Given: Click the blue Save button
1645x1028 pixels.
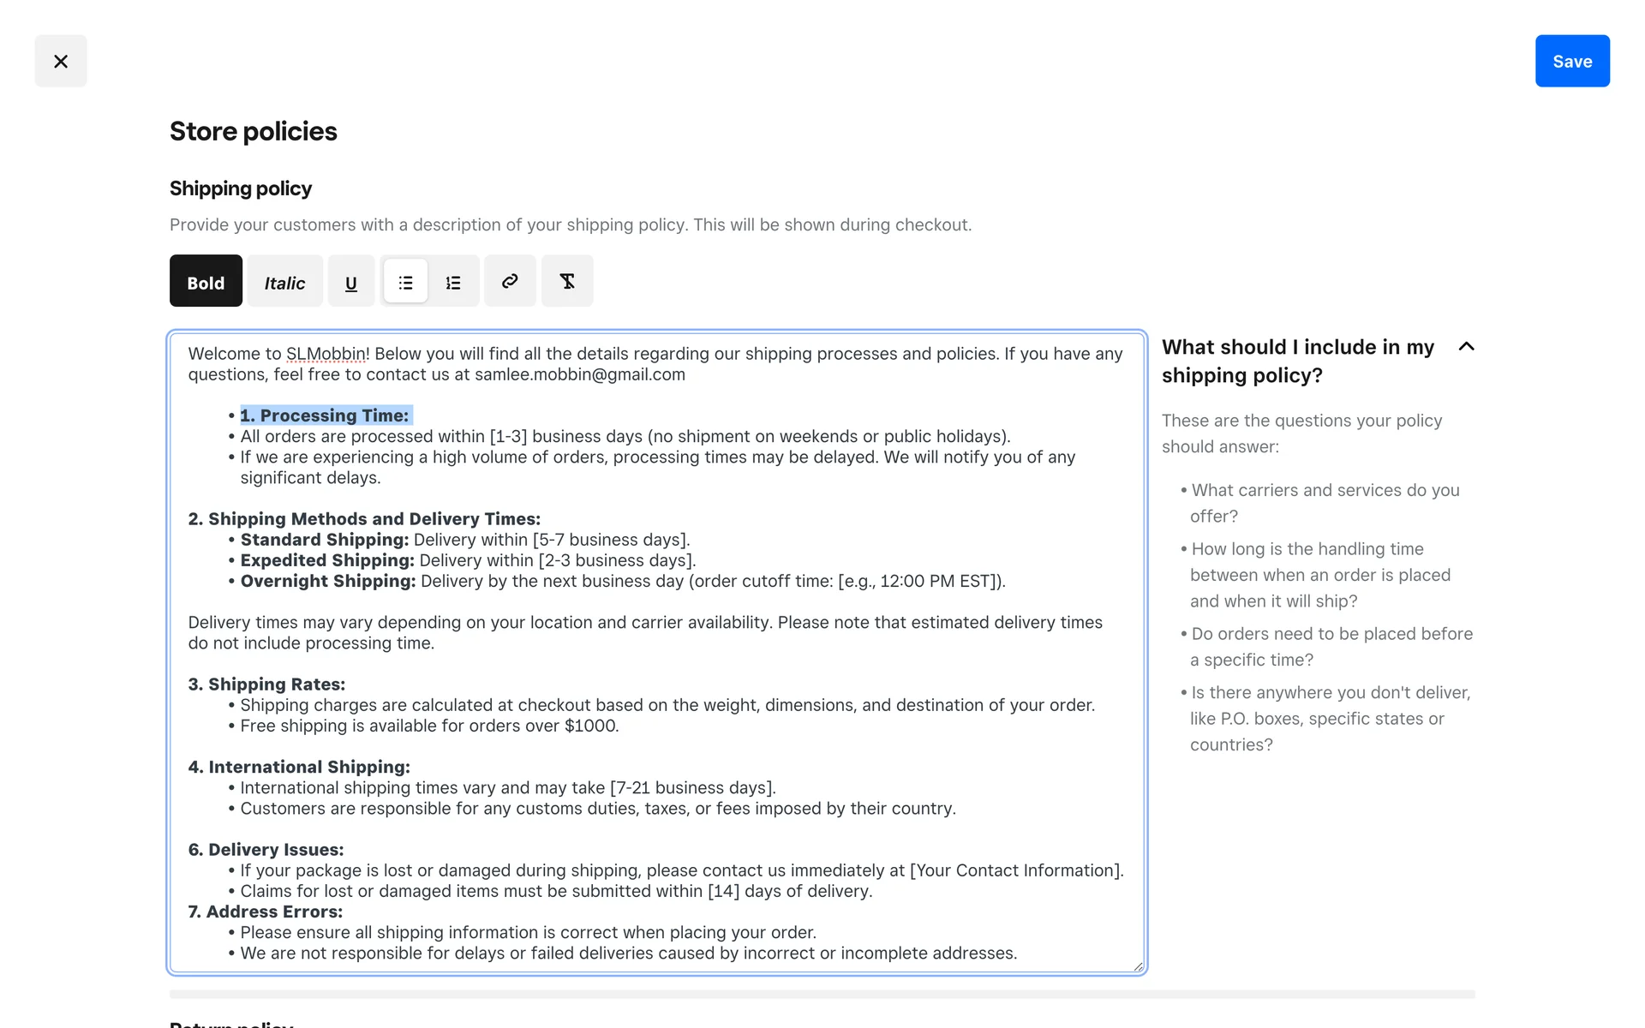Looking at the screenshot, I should (x=1571, y=61).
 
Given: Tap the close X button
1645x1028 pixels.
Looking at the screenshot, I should (x=61, y=61).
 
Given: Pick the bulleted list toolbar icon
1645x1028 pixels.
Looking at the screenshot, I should (x=405, y=281).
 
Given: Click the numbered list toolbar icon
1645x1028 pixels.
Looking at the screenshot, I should (x=453, y=281).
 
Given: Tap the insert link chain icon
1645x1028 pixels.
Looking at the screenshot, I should (x=510, y=281).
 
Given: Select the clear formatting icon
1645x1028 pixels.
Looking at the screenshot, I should (x=566, y=281).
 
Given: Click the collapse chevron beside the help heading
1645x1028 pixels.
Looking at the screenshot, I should (x=1466, y=346).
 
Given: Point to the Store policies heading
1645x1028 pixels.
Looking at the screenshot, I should (x=253, y=131).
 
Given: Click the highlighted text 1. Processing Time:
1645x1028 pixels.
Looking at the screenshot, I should (x=325, y=415).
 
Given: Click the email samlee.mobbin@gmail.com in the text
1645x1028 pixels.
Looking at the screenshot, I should (x=579, y=374).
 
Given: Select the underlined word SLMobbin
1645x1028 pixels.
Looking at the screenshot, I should (x=326, y=354).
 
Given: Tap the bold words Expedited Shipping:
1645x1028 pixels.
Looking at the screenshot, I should (x=327, y=560).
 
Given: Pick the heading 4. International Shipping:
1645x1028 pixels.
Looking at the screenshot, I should (x=299, y=767).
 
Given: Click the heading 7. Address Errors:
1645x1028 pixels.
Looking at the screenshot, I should (x=265, y=911).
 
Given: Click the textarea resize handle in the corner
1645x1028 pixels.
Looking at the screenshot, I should (x=1138, y=966).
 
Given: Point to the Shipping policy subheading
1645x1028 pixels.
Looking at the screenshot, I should (x=240, y=188).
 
